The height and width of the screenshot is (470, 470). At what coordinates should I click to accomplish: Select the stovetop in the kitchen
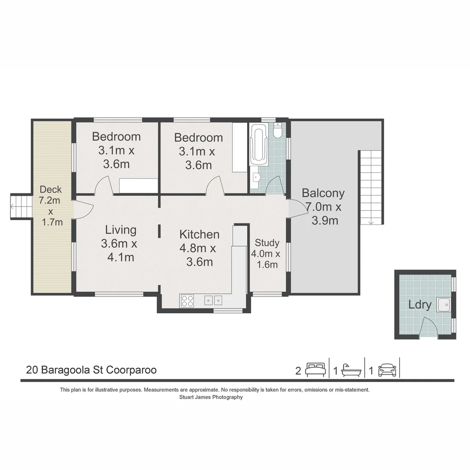click(x=187, y=301)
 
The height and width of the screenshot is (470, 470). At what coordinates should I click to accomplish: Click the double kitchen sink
click(x=213, y=300)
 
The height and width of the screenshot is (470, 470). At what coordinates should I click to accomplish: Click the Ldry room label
click(x=420, y=305)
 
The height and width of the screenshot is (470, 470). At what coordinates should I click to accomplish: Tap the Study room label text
click(x=267, y=242)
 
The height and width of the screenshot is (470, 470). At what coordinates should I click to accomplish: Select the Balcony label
click(x=323, y=193)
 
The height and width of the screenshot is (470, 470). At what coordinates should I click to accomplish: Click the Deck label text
click(x=50, y=189)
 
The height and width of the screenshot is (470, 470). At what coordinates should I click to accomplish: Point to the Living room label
click(x=121, y=230)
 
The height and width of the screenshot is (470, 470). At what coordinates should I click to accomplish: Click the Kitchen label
click(x=199, y=234)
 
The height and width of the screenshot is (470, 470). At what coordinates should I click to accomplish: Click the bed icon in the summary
click(x=315, y=370)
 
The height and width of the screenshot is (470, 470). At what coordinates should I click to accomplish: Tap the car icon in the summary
click(x=387, y=370)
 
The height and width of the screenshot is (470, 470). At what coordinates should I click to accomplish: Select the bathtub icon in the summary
click(x=351, y=370)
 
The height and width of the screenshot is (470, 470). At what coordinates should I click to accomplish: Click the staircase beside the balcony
click(x=371, y=187)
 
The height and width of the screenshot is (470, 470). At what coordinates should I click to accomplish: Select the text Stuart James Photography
click(x=211, y=397)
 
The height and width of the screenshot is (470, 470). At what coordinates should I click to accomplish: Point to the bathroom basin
click(x=256, y=178)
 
